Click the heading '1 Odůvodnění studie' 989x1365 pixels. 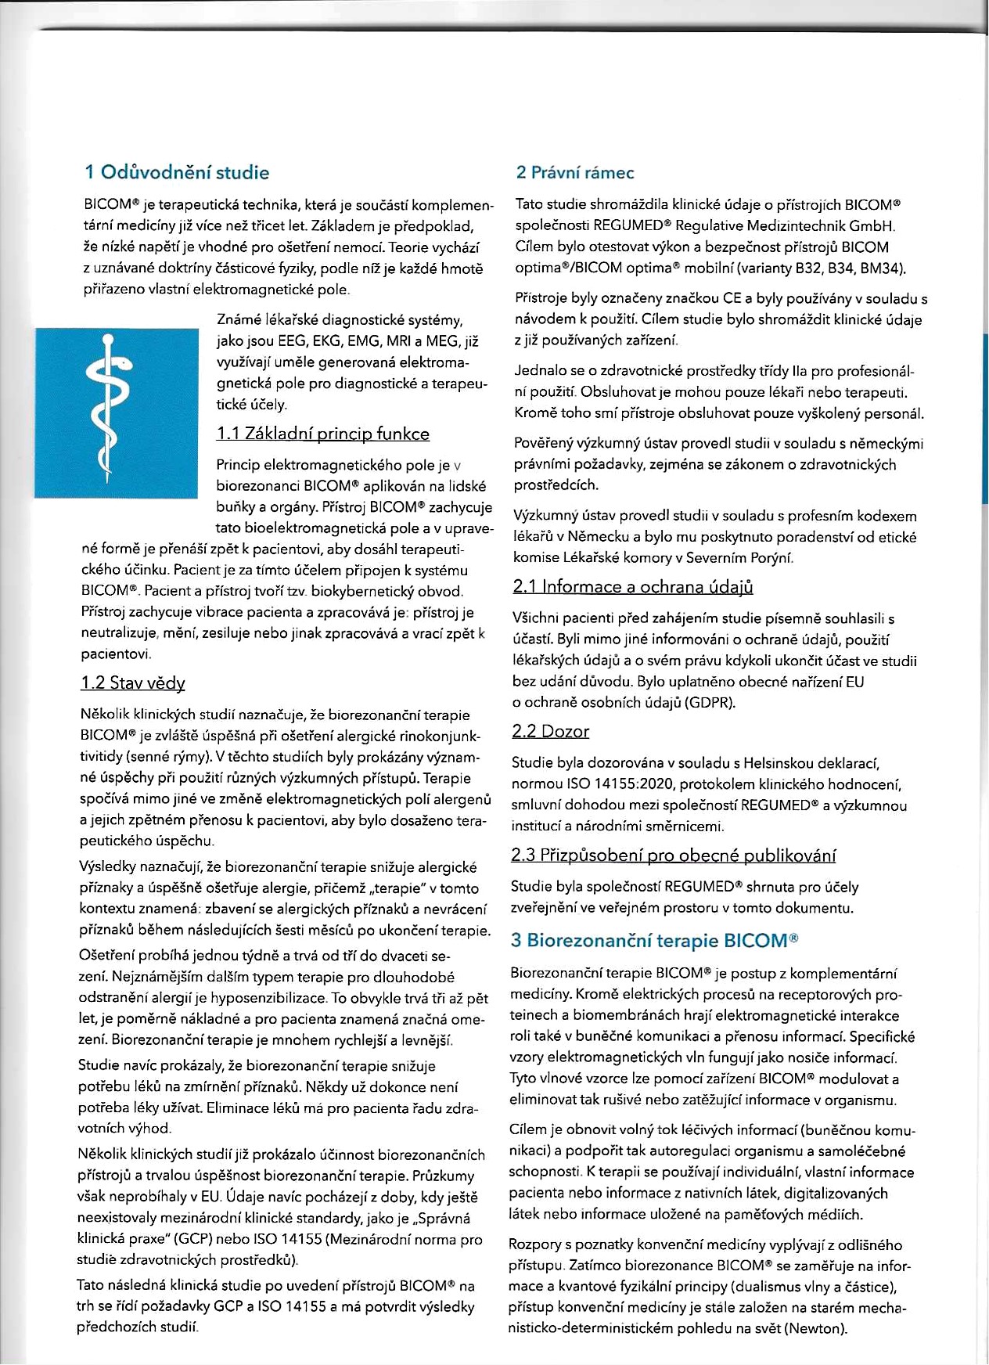tap(177, 173)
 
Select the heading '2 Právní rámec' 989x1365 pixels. tap(575, 173)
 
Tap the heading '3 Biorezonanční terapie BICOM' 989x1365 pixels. tap(654, 940)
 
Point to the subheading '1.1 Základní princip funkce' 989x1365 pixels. tap(322, 434)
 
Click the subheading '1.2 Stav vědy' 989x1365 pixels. tap(133, 683)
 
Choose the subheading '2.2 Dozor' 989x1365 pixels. tap(550, 732)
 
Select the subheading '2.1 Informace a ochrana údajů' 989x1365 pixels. tap(633, 587)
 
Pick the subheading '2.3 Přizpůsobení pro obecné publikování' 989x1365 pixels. tap(673, 855)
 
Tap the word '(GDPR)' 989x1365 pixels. tap(710, 702)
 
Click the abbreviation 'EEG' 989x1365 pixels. tap(293, 341)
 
